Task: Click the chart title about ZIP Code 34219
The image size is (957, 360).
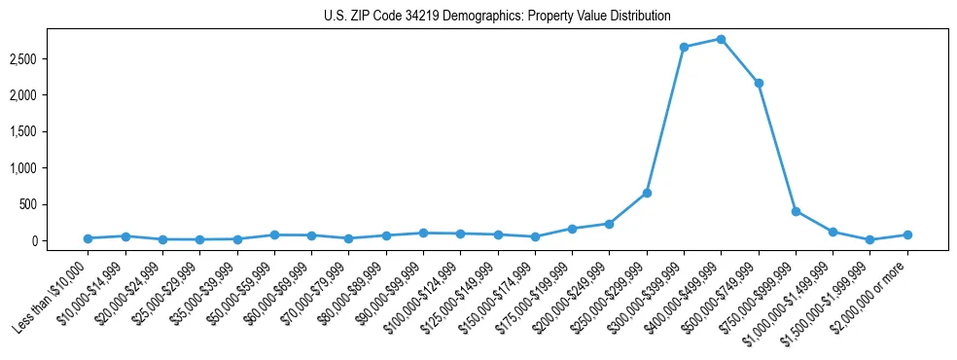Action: click(497, 16)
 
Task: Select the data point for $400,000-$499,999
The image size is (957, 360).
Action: click(721, 39)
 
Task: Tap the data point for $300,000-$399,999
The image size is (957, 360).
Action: click(684, 47)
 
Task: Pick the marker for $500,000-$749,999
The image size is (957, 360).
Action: click(759, 83)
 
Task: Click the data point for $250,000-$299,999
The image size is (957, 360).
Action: click(647, 193)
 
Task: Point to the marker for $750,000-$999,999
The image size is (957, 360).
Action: click(796, 211)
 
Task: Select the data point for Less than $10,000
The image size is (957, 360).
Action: click(88, 238)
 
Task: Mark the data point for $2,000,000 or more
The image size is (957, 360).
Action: click(907, 234)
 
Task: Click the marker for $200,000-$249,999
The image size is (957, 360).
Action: click(609, 224)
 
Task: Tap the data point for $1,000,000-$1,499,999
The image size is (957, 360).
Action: click(833, 232)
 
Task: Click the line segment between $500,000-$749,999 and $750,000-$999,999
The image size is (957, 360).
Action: click(777, 147)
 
